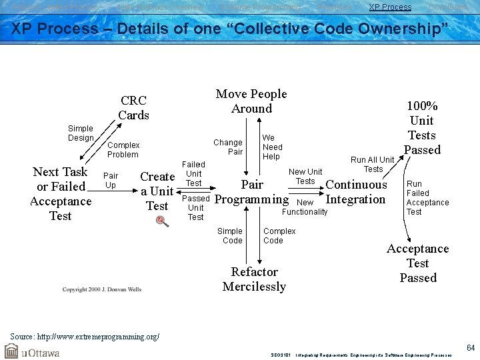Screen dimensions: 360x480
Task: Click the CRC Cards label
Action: coord(133,108)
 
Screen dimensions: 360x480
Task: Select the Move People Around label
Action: coord(251,101)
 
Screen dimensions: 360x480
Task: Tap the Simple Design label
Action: coord(81,133)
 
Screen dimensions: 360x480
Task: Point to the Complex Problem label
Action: coord(123,149)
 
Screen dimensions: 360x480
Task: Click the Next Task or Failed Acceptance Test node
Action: coord(61,193)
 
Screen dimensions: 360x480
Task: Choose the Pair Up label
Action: coord(111,180)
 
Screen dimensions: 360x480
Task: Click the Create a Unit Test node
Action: coord(157,191)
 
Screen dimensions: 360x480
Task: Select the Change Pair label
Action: coord(228,147)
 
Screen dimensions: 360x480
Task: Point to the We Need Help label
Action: coord(272,147)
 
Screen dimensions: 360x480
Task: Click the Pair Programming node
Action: coord(252,192)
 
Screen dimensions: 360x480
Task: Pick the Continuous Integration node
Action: coord(356,192)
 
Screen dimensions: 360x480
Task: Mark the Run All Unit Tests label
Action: coord(373,164)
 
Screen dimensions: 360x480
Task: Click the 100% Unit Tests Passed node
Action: coord(422,128)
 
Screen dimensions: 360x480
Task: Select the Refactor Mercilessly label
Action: coord(254,279)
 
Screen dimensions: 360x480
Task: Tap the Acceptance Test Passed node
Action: coord(418,263)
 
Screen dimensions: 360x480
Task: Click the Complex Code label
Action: coord(279,236)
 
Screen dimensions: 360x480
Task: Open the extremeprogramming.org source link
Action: coord(84,336)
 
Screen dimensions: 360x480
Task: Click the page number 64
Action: coord(470,347)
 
